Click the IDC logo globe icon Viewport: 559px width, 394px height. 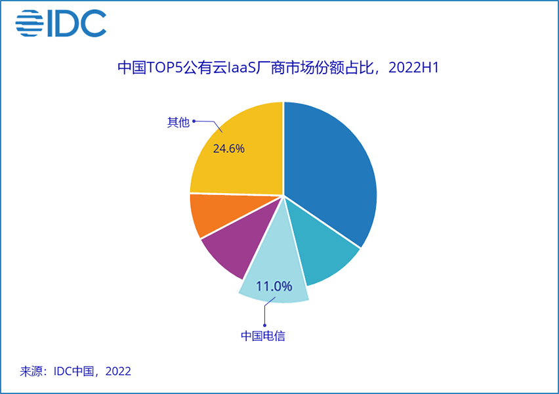pos(29,24)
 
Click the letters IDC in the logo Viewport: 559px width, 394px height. pos(76,24)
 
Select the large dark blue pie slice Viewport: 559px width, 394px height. pos(328,171)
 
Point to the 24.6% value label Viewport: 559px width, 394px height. pos(229,148)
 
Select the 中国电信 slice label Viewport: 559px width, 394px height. pos(263,336)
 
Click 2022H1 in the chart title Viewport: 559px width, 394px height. pos(410,68)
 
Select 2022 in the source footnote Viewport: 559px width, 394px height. pos(118,371)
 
